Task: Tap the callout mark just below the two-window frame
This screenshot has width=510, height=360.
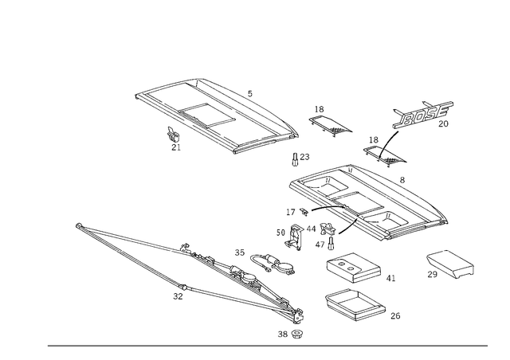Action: [x=174, y=140]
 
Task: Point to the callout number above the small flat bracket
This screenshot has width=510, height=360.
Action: [x=320, y=108]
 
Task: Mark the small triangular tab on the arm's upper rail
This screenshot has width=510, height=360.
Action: [x=187, y=248]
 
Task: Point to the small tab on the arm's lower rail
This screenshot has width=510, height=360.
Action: [x=177, y=292]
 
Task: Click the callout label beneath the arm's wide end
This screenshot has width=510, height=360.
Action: [x=290, y=334]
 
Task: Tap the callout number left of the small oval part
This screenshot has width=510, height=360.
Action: [x=238, y=252]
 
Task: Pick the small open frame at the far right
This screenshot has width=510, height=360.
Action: [x=450, y=264]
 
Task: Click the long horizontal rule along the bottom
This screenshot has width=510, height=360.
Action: [x=267, y=346]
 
